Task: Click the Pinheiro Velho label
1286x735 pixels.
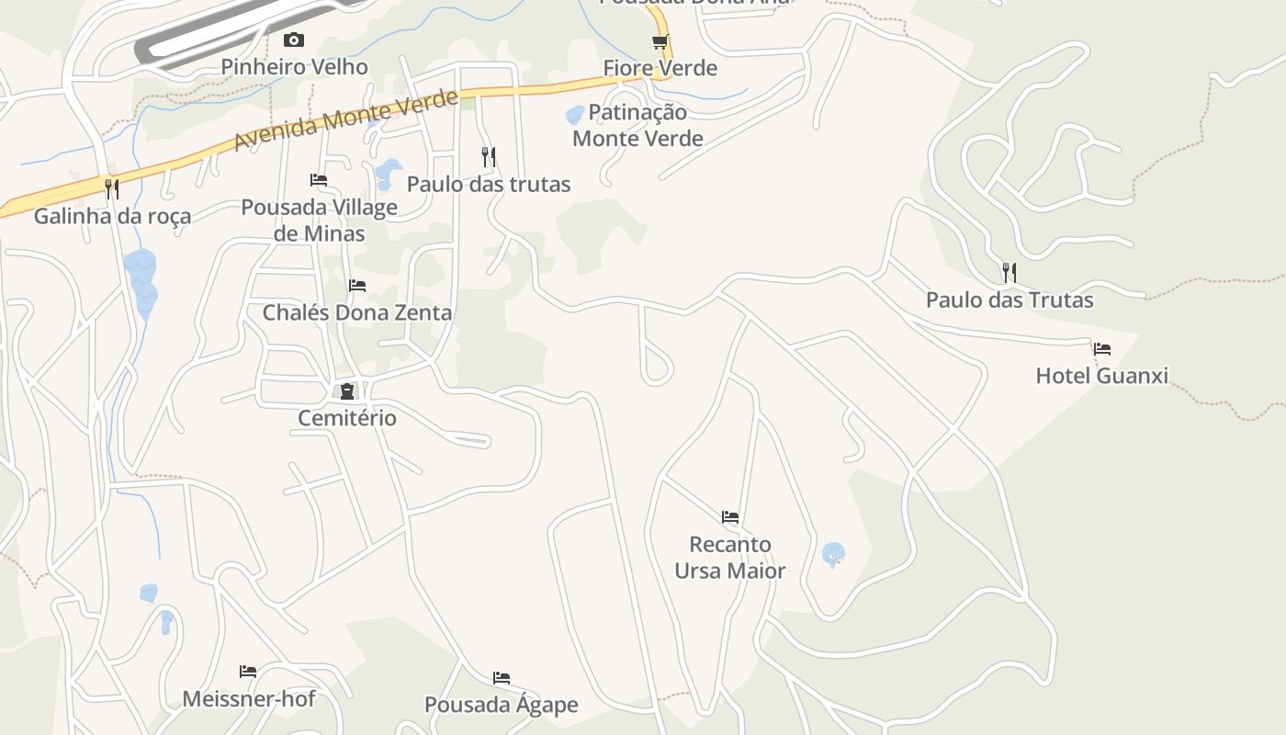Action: click(x=294, y=67)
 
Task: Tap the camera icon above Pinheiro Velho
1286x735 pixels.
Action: click(x=294, y=40)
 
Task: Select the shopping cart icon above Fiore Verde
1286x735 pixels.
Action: click(x=660, y=42)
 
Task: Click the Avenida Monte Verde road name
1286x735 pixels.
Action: click(x=345, y=121)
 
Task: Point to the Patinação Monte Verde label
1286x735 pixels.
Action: click(x=637, y=126)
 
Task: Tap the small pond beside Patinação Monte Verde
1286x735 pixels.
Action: click(x=575, y=115)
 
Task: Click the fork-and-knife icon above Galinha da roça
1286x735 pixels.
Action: click(x=112, y=188)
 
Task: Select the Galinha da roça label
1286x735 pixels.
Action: click(x=113, y=217)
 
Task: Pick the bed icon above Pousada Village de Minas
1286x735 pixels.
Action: click(x=319, y=180)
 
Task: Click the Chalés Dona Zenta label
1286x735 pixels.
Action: click(x=357, y=313)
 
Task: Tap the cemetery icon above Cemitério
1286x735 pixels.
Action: click(x=347, y=392)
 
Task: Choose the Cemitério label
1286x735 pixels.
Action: click(x=347, y=419)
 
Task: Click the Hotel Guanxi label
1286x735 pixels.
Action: click(x=1101, y=376)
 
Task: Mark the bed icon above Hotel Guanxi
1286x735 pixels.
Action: click(x=1102, y=349)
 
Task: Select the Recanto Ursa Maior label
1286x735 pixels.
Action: click(x=730, y=558)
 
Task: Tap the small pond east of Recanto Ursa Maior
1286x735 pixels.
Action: click(x=833, y=554)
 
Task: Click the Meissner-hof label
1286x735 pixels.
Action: click(x=249, y=699)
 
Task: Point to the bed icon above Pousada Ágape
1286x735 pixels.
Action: click(x=502, y=678)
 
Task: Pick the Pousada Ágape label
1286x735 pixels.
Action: click(x=502, y=706)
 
